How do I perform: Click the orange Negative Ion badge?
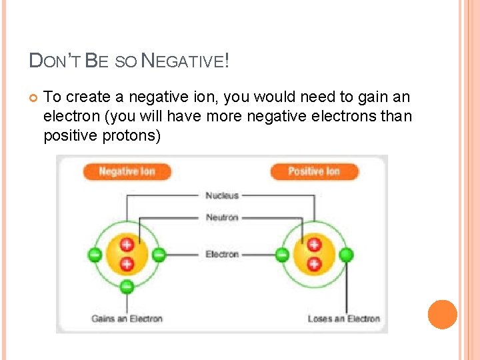127,171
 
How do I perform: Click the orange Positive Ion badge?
314,171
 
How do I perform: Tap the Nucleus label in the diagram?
222,195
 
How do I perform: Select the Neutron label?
222,217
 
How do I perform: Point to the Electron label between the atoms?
222,254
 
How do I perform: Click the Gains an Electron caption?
127,319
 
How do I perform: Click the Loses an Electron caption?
343,319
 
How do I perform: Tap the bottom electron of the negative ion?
127,287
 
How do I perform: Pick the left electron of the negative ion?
95,254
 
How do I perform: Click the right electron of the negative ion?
159,254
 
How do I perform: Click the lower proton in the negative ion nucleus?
127,264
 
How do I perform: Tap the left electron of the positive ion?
282,254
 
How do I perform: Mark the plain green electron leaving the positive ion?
346,254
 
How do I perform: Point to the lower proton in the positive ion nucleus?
314,264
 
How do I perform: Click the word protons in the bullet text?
134,135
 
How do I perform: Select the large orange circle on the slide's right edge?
442,315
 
